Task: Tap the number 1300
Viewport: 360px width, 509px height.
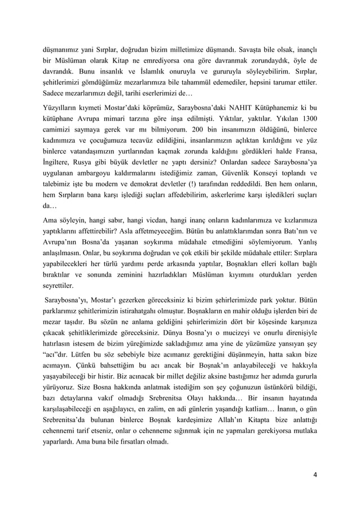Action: pos(305,120)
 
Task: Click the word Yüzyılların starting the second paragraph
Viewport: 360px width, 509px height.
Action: pos(62,107)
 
